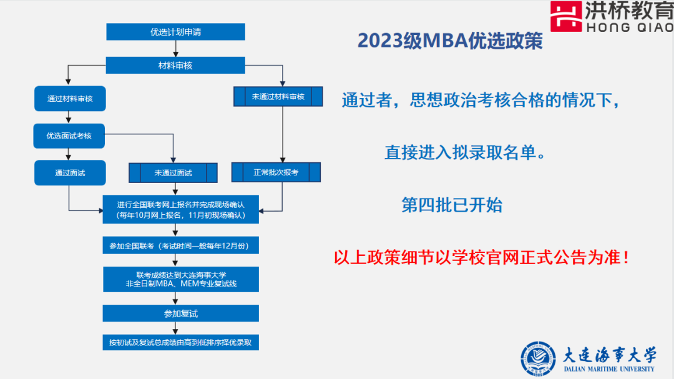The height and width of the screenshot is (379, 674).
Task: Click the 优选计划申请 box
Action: [x=175, y=32]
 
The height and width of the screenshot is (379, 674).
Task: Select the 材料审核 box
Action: [x=175, y=65]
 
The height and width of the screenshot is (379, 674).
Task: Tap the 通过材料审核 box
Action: [x=69, y=99]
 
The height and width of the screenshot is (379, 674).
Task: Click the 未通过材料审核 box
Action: [x=278, y=97]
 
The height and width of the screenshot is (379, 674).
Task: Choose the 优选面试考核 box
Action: [x=69, y=135]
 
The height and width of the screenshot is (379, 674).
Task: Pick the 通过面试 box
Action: [x=69, y=173]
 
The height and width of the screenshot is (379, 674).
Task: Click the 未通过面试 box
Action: [x=173, y=173]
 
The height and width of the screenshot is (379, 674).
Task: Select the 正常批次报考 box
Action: [x=275, y=172]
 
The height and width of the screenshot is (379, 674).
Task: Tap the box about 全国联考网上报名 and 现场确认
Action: [x=180, y=209]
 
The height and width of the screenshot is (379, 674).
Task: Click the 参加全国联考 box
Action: [x=180, y=246]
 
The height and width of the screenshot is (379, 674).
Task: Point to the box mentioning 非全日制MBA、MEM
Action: [x=180, y=279]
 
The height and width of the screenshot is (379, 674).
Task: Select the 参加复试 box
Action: [x=180, y=313]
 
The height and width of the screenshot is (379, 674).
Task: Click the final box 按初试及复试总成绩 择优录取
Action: [x=180, y=342]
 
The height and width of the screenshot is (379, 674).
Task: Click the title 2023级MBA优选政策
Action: [x=450, y=41]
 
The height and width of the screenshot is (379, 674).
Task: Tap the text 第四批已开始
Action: [x=452, y=205]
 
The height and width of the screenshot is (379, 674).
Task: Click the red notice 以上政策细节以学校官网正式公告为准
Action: [x=482, y=257]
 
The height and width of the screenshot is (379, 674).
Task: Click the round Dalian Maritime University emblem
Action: [x=537, y=359]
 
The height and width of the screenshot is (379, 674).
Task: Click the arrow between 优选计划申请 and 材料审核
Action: [x=176, y=49]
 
